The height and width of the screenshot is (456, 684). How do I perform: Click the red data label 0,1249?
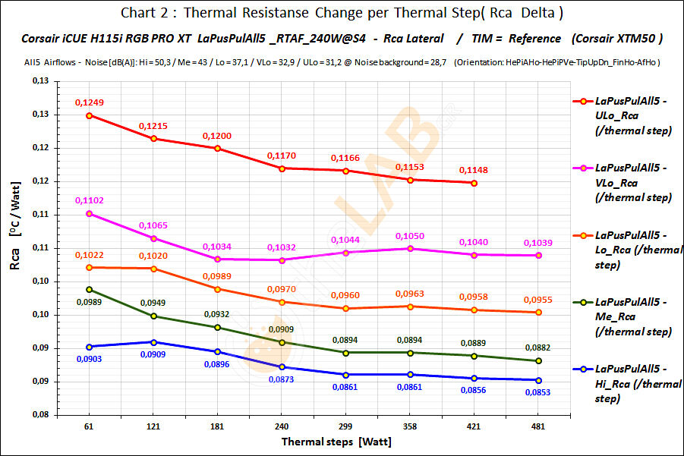[89, 102]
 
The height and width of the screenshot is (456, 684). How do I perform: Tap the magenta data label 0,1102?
[89, 200]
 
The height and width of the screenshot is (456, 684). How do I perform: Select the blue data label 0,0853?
[537, 392]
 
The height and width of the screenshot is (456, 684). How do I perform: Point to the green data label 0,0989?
[89, 302]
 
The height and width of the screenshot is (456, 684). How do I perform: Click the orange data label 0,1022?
[89, 255]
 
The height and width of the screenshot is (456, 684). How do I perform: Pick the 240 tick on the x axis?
[279, 427]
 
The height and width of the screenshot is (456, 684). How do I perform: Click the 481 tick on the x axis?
[537, 427]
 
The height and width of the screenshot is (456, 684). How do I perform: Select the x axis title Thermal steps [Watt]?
[336, 441]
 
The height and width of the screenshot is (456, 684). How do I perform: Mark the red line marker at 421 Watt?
[474, 183]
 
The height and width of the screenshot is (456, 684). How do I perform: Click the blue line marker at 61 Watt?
[89, 347]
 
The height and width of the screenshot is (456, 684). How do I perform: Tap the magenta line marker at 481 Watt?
[537, 256]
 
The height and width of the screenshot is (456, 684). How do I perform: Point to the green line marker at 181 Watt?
[218, 327]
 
